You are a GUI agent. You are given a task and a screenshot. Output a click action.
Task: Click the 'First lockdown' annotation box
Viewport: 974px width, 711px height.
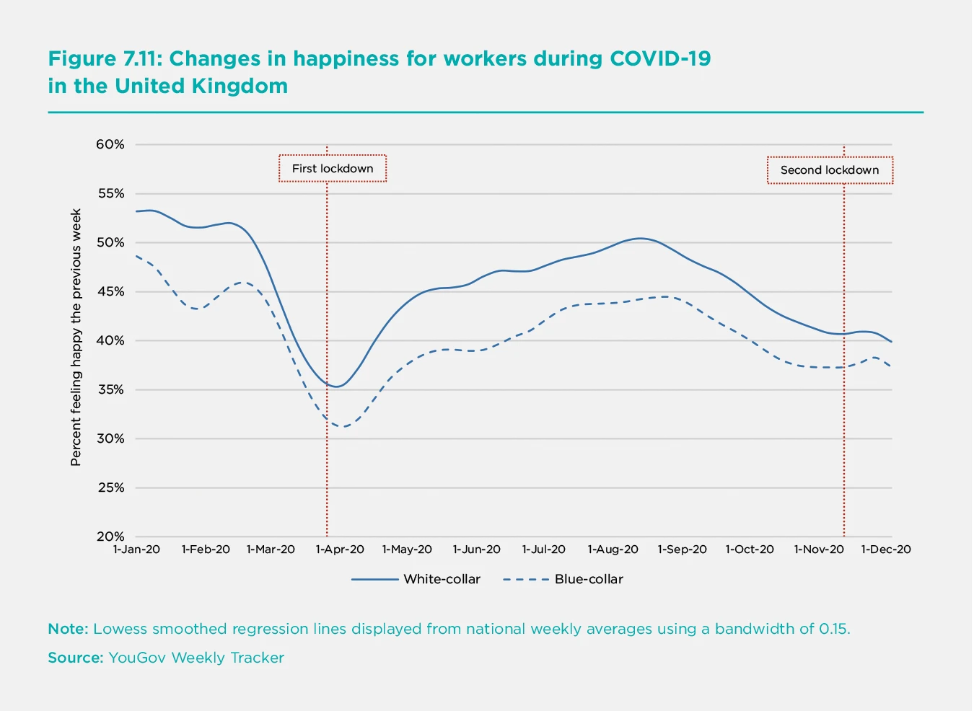pyautogui.click(x=333, y=169)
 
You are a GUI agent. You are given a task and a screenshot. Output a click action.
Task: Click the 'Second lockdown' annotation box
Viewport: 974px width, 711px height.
pyautogui.click(x=830, y=170)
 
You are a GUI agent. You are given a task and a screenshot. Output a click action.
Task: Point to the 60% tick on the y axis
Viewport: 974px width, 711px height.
pyautogui.click(x=110, y=144)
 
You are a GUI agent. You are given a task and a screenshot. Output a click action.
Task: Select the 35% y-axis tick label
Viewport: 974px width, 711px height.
pyautogui.click(x=110, y=389)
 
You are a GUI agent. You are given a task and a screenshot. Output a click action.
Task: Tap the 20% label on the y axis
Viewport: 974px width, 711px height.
pyautogui.click(x=110, y=536)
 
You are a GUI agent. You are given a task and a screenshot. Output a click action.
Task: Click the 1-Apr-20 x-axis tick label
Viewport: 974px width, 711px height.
pyautogui.click(x=340, y=549)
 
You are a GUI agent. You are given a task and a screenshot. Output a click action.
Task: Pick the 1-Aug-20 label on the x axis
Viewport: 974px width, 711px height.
pyautogui.click(x=613, y=549)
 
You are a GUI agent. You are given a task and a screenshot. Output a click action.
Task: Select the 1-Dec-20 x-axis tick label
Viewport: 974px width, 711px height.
pyautogui.click(x=885, y=549)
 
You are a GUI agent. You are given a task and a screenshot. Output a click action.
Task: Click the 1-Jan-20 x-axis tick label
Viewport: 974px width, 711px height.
pyautogui.click(x=136, y=549)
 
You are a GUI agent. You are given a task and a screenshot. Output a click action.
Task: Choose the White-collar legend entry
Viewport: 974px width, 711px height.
pyautogui.click(x=442, y=579)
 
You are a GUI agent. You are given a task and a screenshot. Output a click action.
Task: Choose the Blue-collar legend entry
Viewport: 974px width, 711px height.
pyautogui.click(x=589, y=579)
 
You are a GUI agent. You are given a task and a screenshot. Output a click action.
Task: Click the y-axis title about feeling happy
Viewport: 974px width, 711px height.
pyautogui.click(x=76, y=337)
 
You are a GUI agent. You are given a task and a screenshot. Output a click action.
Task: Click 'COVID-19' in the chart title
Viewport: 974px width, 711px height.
pyautogui.click(x=660, y=58)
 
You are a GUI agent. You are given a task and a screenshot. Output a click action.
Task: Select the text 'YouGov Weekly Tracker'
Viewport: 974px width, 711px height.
pyautogui.click(x=196, y=658)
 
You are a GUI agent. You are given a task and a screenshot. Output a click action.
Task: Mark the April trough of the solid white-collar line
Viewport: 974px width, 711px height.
pyautogui.click(x=336, y=387)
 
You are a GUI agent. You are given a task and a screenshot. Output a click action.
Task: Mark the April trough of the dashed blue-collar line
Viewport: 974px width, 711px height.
pyautogui.click(x=345, y=427)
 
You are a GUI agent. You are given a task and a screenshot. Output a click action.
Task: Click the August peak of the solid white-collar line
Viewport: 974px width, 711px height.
pyautogui.click(x=639, y=238)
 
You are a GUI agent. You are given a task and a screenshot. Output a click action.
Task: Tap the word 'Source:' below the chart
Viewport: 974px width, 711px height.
pyautogui.click(x=76, y=658)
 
